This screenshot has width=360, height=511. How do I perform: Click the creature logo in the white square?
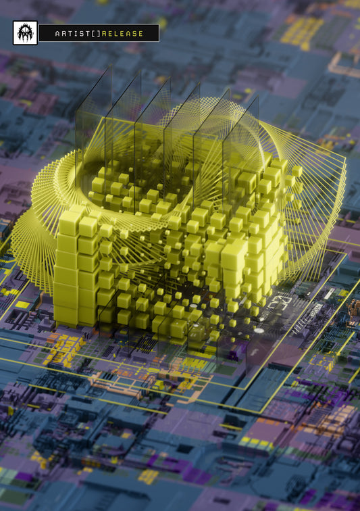coord(25,32)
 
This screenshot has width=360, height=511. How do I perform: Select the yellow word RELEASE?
coord(125,34)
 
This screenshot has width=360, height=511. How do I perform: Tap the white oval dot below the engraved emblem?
coord(259,331)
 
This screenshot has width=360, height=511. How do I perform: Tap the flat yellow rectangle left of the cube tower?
coord(22,304)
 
